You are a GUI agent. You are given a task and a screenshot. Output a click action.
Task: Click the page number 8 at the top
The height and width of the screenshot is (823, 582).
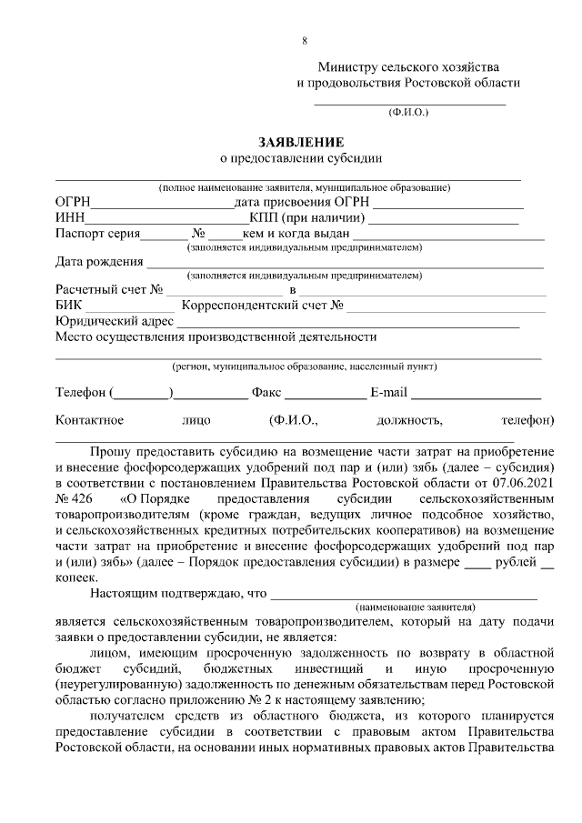305,41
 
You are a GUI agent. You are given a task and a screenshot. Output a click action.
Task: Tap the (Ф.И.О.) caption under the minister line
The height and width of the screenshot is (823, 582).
407,114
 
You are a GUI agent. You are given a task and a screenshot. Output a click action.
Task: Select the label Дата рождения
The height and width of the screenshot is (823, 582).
99,262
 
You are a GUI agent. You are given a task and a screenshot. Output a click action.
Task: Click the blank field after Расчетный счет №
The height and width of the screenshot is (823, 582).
224,291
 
